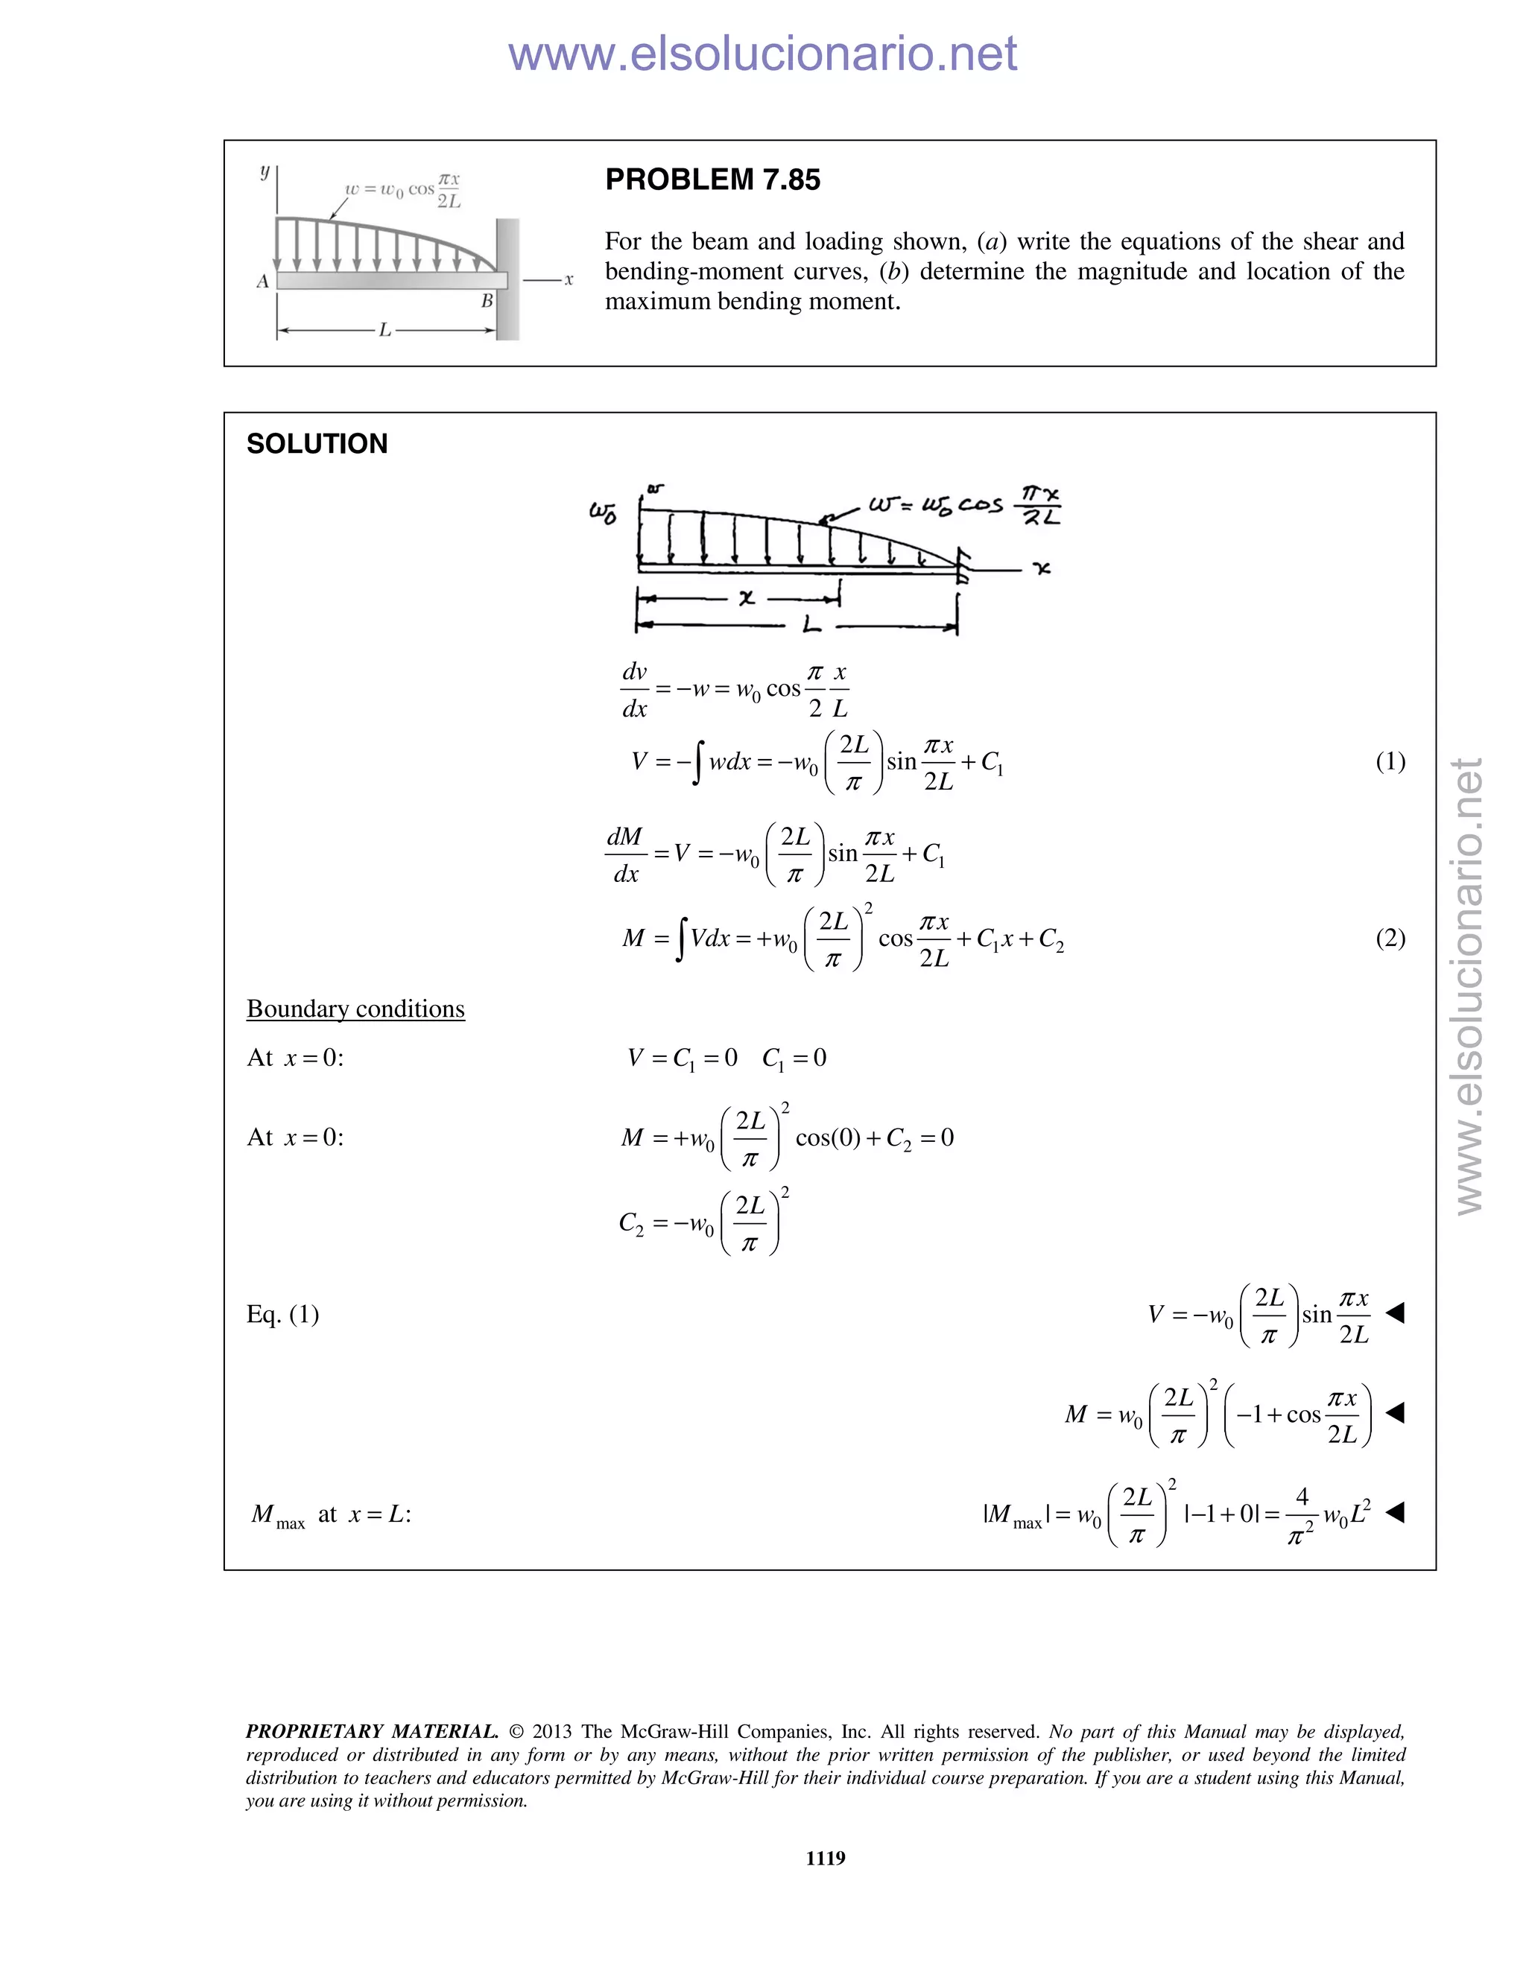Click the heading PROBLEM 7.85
712,180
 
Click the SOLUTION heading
317,444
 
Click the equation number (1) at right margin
1390,761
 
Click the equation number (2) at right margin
1390,938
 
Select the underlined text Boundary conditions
355,1009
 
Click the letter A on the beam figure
263,281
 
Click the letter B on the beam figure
487,302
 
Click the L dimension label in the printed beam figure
385,331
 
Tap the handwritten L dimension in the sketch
811,623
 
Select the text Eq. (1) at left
283,1313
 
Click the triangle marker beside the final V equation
1395,1313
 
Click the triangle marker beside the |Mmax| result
1395,1511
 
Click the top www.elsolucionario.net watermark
762,54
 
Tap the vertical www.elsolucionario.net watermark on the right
1470,986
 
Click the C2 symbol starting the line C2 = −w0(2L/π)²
631,1224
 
